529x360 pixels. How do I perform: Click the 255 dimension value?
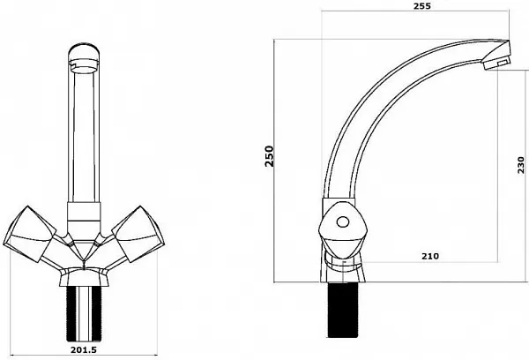coord(421,6)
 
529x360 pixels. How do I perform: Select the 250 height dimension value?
coord(269,156)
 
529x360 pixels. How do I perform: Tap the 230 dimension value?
coord(520,165)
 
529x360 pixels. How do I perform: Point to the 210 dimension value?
coord(430,256)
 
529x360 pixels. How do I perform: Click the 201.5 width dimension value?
coord(84,349)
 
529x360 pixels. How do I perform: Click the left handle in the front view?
coord(30,234)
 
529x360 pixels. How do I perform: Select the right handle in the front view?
coord(137,234)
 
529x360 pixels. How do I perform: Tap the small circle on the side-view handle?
coord(343,222)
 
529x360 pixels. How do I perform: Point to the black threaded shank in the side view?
coord(343,310)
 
